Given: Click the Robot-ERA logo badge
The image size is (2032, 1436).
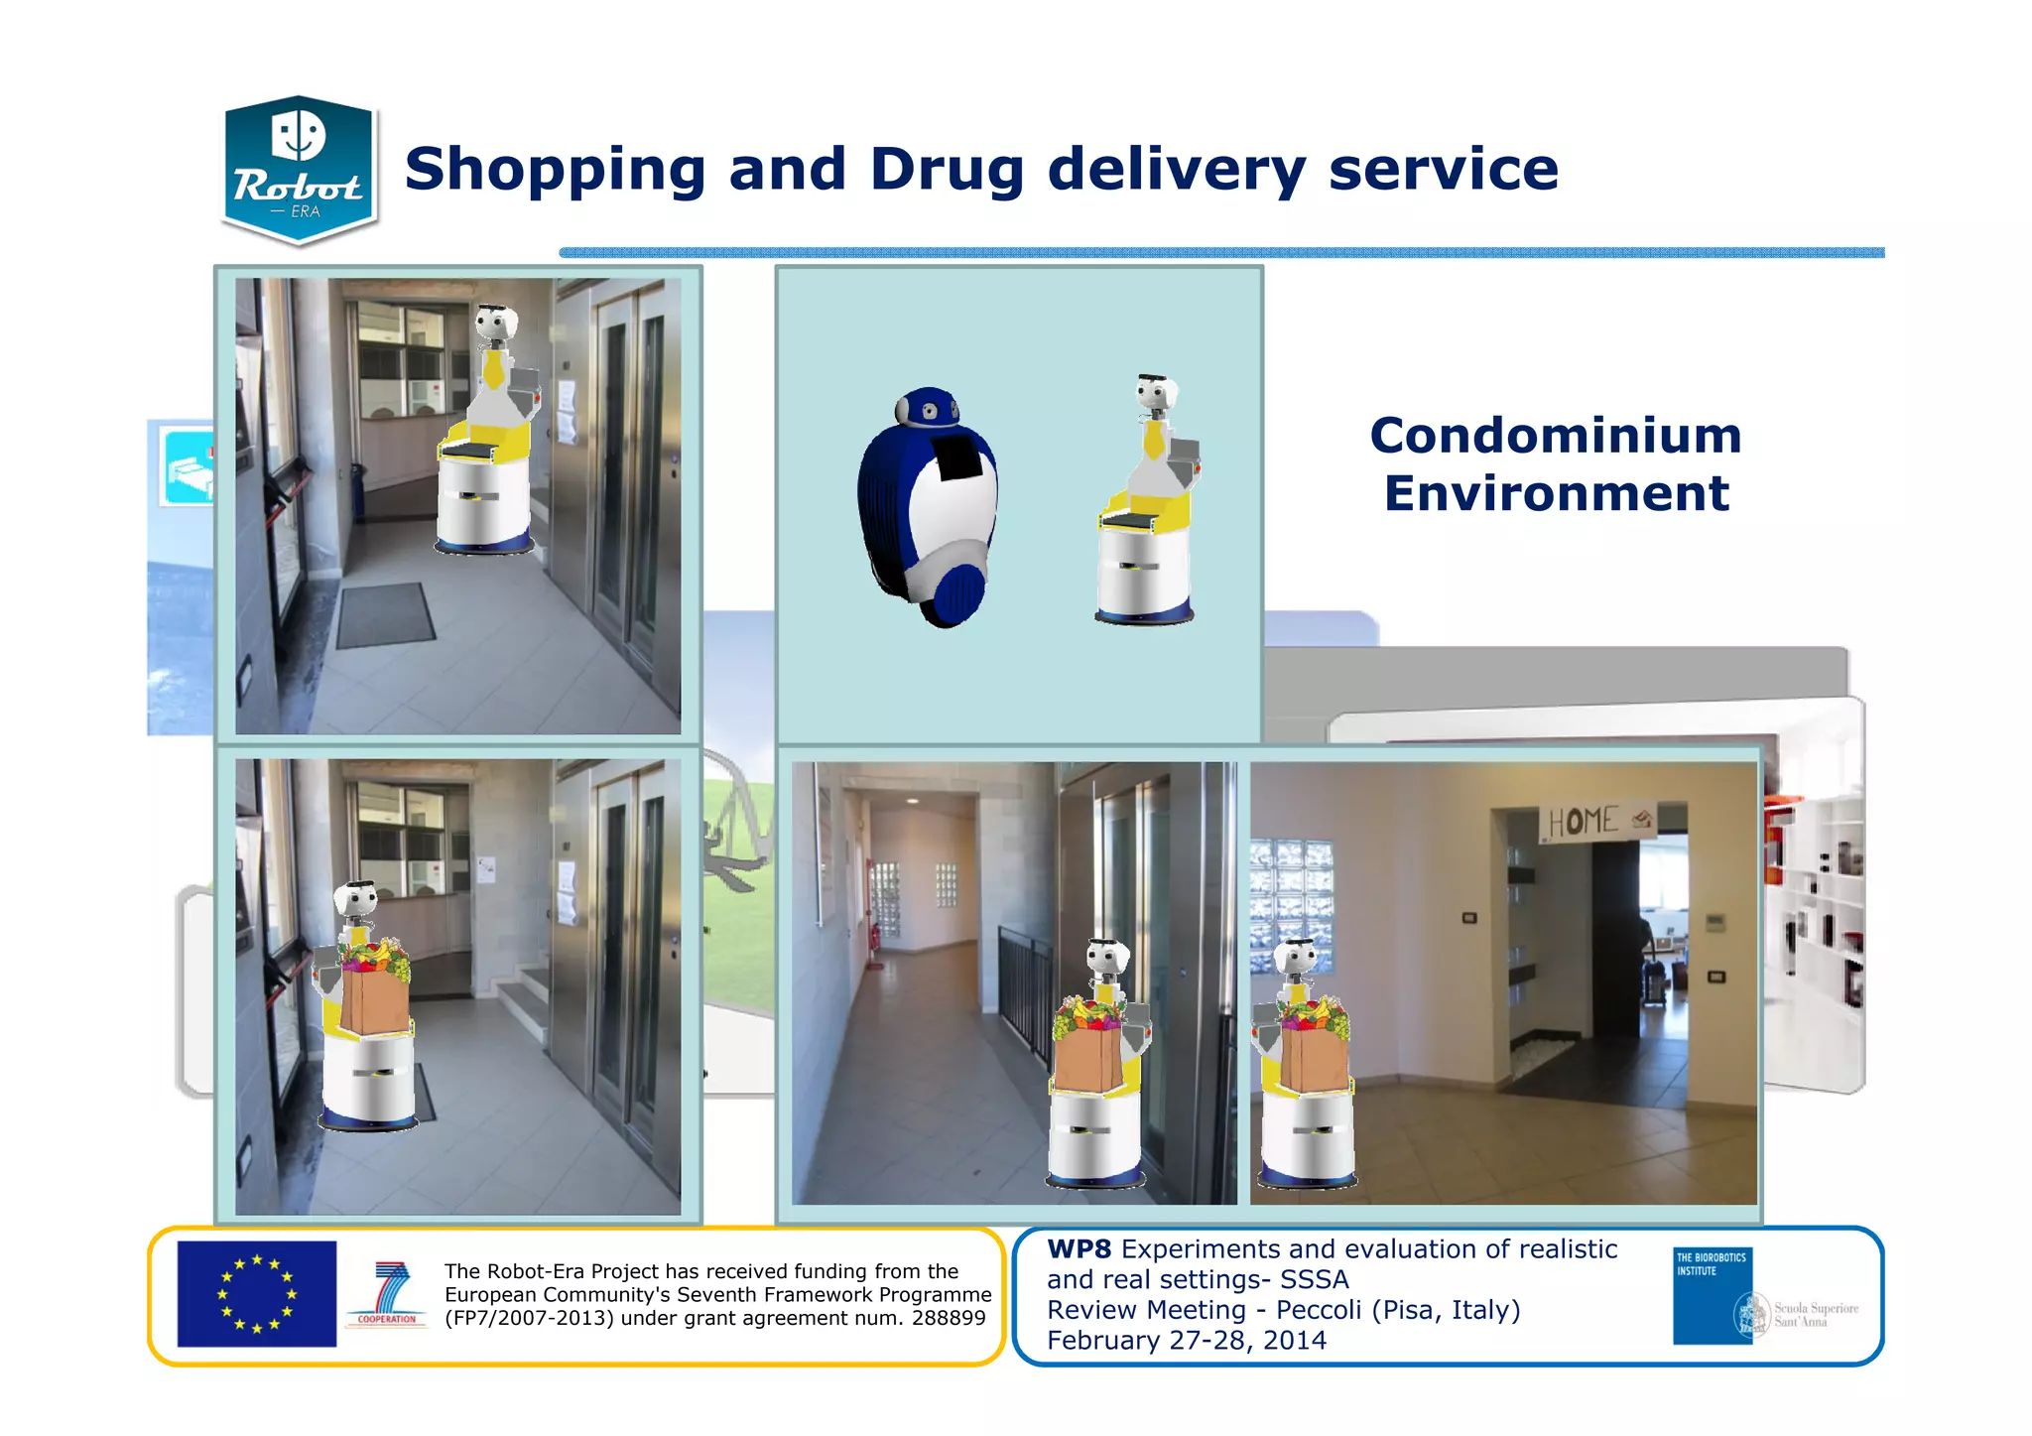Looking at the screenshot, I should pyautogui.click(x=299, y=170).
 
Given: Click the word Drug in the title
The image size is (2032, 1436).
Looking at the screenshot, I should pyautogui.click(x=947, y=169).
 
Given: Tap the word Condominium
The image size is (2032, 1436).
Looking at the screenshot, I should pyautogui.click(x=1555, y=436).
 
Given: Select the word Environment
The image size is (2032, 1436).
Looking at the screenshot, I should pyautogui.click(x=1556, y=493).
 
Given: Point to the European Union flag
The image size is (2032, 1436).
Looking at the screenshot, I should pyautogui.click(x=256, y=1293).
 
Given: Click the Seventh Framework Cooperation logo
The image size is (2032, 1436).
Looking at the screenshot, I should pyautogui.click(x=388, y=1294).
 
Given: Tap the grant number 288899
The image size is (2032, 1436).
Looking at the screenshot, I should pyautogui.click(x=948, y=1318).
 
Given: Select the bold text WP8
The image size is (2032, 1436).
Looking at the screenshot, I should pyautogui.click(x=1079, y=1249).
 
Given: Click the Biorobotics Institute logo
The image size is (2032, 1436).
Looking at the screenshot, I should pyautogui.click(x=1713, y=1295).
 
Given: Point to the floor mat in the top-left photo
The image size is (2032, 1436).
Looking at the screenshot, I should pyautogui.click(x=385, y=615).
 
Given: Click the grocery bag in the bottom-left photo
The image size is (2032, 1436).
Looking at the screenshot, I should pyautogui.click(x=374, y=998).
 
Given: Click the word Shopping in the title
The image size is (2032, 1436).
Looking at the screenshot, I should pyautogui.click(x=555, y=169).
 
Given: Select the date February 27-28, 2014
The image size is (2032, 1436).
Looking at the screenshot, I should pyautogui.click(x=1186, y=1341).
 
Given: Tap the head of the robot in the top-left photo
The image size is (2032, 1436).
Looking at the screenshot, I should pyautogui.click(x=495, y=323).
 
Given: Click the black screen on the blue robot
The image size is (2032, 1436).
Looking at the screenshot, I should pyautogui.click(x=958, y=456).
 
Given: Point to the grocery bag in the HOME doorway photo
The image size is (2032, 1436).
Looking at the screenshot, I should pyautogui.click(x=1313, y=1057).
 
